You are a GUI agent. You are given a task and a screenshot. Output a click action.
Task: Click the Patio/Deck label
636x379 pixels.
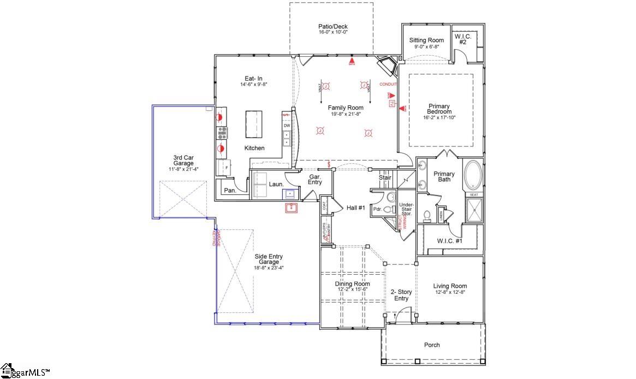[x=332, y=26]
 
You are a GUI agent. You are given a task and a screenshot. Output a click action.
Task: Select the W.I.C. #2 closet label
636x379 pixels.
[x=462, y=39]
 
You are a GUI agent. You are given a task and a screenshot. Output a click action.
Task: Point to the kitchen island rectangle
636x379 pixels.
[x=254, y=125]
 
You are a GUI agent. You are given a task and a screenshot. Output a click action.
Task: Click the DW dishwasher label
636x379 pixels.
[x=287, y=126]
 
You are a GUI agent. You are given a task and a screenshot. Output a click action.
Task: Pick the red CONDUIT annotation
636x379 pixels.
[x=388, y=84]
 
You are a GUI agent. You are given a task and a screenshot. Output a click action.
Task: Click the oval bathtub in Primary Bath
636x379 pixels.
[x=473, y=174]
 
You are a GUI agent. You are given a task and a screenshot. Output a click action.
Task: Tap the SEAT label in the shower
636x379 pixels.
[x=473, y=194]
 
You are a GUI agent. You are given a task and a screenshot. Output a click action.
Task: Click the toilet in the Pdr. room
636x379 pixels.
[x=389, y=209]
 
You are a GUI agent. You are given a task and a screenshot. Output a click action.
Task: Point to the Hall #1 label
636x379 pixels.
[x=355, y=208]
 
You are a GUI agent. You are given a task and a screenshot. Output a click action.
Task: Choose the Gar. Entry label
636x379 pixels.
[x=315, y=180]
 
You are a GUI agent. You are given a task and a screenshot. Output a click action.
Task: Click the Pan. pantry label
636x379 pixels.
[x=230, y=190]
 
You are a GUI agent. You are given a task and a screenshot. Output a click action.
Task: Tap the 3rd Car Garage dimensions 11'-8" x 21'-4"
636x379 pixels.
[x=183, y=169]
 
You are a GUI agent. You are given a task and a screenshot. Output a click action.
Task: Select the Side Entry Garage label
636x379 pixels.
[x=269, y=259]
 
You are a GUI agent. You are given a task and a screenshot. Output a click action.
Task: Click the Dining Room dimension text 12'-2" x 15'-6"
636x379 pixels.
[x=352, y=290]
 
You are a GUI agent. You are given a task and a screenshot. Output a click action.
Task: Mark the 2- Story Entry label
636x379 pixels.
[x=401, y=295]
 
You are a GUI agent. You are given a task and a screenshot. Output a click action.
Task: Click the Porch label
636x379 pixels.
[x=432, y=345]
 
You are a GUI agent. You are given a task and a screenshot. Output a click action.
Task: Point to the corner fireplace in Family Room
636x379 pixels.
[x=389, y=66]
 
